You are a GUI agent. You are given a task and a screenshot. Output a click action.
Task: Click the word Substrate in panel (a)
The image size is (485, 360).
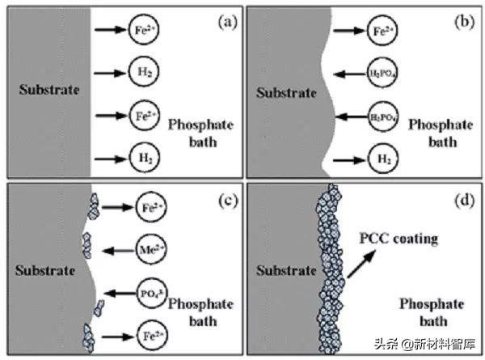pos(50,89)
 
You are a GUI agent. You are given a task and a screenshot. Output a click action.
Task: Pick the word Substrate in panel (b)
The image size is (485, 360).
pos(286,92)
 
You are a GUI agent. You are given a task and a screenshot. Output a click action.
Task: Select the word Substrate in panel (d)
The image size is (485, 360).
pos(286,266)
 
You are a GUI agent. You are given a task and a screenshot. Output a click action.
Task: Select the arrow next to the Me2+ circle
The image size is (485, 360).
pos(112,242)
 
